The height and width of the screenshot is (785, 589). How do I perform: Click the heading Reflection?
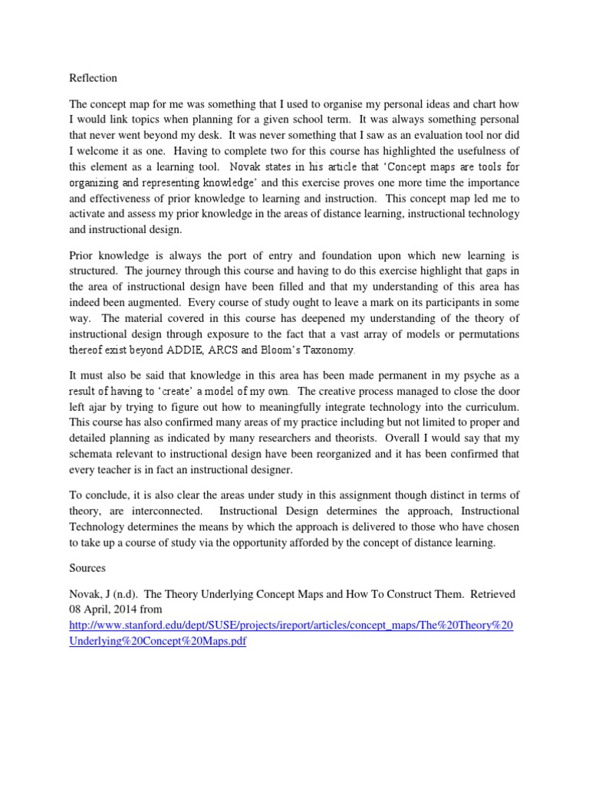(93, 78)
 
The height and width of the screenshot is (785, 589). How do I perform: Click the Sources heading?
(87, 570)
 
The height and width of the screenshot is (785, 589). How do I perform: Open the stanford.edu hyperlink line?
(291, 626)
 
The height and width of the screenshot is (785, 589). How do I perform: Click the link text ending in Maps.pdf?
(158, 642)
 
